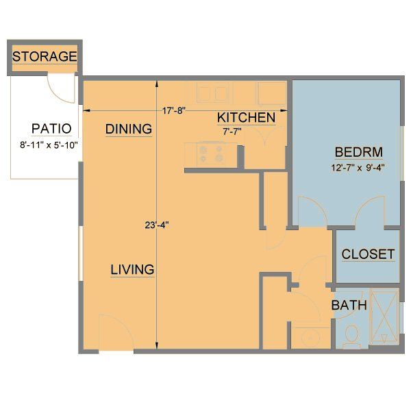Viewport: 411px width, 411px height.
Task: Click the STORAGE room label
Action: [x=45, y=56]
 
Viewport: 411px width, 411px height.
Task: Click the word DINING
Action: [x=128, y=129]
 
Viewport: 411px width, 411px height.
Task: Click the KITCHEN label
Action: [x=247, y=118]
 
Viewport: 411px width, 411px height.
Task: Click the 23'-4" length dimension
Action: [x=157, y=224]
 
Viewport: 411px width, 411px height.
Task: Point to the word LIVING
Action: [x=132, y=269]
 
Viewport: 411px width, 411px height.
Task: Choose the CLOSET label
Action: [x=368, y=254]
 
